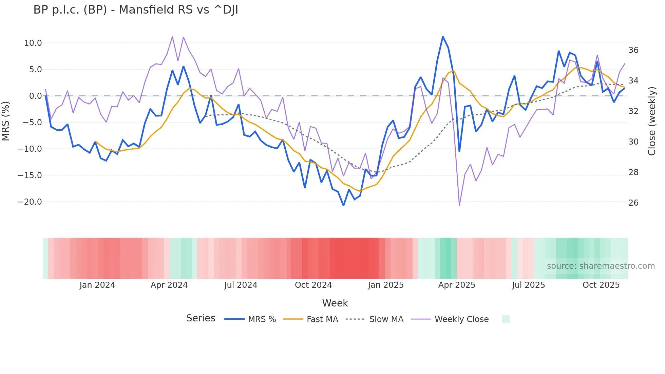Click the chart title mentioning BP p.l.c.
point(136,10)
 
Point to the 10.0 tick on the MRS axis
point(33,43)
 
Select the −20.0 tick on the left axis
point(30,202)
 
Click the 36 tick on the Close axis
point(633,50)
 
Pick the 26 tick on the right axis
point(633,203)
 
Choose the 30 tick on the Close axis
point(633,142)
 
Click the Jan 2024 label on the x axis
point(97,285)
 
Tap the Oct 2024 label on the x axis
point(313,285)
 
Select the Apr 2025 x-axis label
point(457,285)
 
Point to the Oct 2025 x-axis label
point(601,285)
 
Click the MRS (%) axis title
point(6,121)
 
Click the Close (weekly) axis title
point(651,121)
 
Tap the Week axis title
point(335,303)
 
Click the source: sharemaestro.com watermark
point(601,266)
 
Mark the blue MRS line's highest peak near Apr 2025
point(443,37)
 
